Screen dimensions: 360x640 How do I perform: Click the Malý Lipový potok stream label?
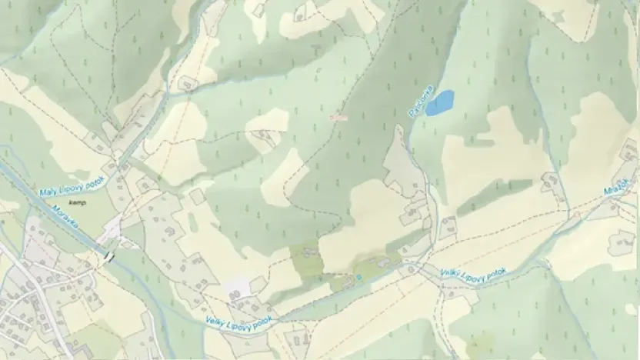[x=72, y=184]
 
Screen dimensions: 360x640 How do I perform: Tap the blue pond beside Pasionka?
[x=440, y=102]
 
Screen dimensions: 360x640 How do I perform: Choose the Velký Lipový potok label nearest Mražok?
[x=472, y=272]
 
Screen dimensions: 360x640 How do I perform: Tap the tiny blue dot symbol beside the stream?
[x=358, y=275]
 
